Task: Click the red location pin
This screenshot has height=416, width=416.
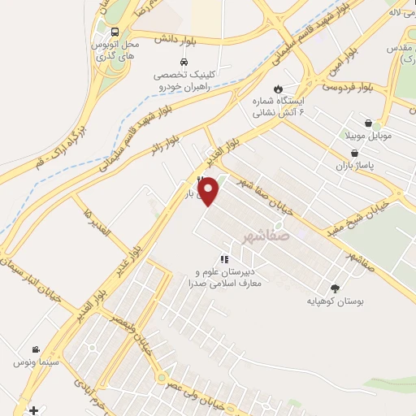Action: (210, 191)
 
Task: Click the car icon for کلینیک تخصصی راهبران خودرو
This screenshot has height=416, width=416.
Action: (184, 63)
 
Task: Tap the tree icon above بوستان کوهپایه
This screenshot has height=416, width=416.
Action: (335, 288)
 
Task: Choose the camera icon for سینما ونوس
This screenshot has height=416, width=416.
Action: (35, 349)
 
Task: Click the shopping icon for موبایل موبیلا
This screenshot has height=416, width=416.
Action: (369, 123)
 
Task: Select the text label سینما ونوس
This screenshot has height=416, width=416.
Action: (32, 362)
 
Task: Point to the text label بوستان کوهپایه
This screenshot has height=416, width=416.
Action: (334, 301)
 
